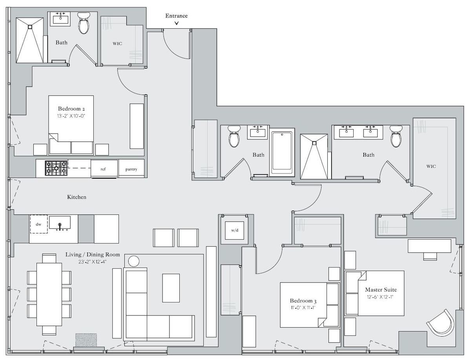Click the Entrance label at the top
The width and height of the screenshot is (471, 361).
click(x=176, y=16)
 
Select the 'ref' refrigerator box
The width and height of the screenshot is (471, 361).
click(x=104, y=169)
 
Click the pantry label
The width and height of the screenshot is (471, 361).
click(x=131, y=169)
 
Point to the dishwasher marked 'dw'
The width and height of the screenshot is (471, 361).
click(x=38, y=224)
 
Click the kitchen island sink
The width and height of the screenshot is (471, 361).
click(x=60, y=223)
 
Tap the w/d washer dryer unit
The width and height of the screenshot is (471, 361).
click(x=235, y=231)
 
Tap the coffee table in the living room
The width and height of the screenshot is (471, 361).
click(x=171, y=288)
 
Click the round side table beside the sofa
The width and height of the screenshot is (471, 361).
click(x=133, y=261)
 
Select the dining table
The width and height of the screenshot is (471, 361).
click(x=49, y=294)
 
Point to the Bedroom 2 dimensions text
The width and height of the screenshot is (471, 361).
click(x=72, y=115)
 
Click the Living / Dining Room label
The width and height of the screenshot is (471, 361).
click(x=93, y=255)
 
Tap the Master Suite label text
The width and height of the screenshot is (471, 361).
click(x=381, y=290)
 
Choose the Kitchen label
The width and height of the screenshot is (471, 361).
click(x=77, y=197)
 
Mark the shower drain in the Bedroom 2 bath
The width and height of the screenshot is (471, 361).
click(x=30, y=27)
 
